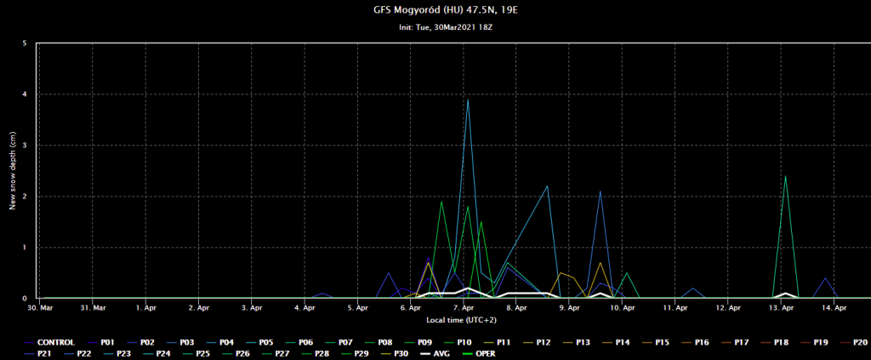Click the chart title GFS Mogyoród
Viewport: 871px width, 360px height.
click(x=435, y=10)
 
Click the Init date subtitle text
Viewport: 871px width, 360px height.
click(x=435, y=27)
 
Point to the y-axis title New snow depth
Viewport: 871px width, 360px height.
click(x=13, y=170)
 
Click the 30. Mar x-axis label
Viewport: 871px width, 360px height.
click(x=40, y=307)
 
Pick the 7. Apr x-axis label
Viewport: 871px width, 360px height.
click(x=464, y=307)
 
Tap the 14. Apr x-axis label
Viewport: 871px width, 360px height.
click(x=834, y=307)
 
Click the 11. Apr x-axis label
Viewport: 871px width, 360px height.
click(x=675, y=307)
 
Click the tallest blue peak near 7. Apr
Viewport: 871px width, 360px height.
click(x=468, y=100)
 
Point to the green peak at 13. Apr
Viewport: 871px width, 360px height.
click(x=785, y=176)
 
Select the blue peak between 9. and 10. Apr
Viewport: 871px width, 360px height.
click(x=601, y=191)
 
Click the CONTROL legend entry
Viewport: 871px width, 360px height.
click(x=56, y=342)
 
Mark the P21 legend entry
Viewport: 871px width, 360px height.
click(x=43, y=352)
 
